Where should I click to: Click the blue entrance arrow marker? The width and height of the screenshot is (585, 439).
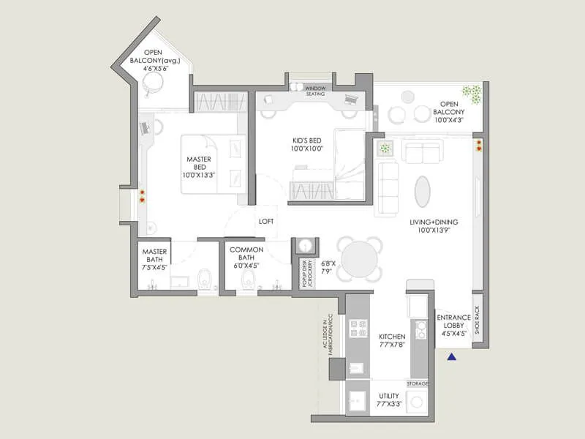pos(452,357)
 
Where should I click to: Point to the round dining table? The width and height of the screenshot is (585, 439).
pos(360,260)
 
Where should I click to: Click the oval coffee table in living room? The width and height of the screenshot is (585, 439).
pos(423,192)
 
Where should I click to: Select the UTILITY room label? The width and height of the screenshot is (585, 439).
pos(388,399)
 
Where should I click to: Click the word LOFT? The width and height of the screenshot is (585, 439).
pos(265,219)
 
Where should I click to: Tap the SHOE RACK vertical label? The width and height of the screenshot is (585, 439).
pos(477,320)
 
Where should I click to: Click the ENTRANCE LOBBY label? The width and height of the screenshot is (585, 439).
pos(453,325)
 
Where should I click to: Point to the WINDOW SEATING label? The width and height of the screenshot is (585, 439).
pos(315,91)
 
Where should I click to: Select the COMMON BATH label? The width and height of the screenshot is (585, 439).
pos(246,258)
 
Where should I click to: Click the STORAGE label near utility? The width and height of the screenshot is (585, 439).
pos(418,383)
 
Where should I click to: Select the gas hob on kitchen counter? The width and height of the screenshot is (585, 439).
pos(359,330)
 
